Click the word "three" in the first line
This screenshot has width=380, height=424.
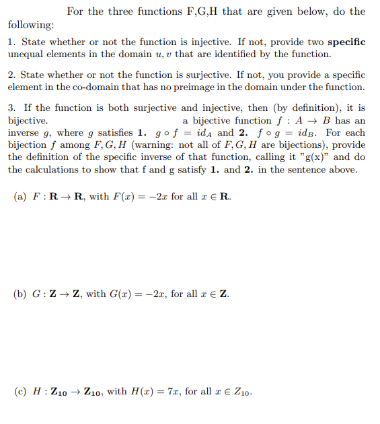(120, 11)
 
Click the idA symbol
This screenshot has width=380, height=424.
(202, 133)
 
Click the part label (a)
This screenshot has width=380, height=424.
(20, 197)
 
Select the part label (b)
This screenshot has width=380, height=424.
(20, 294)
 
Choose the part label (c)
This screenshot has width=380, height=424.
(20, 391)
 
